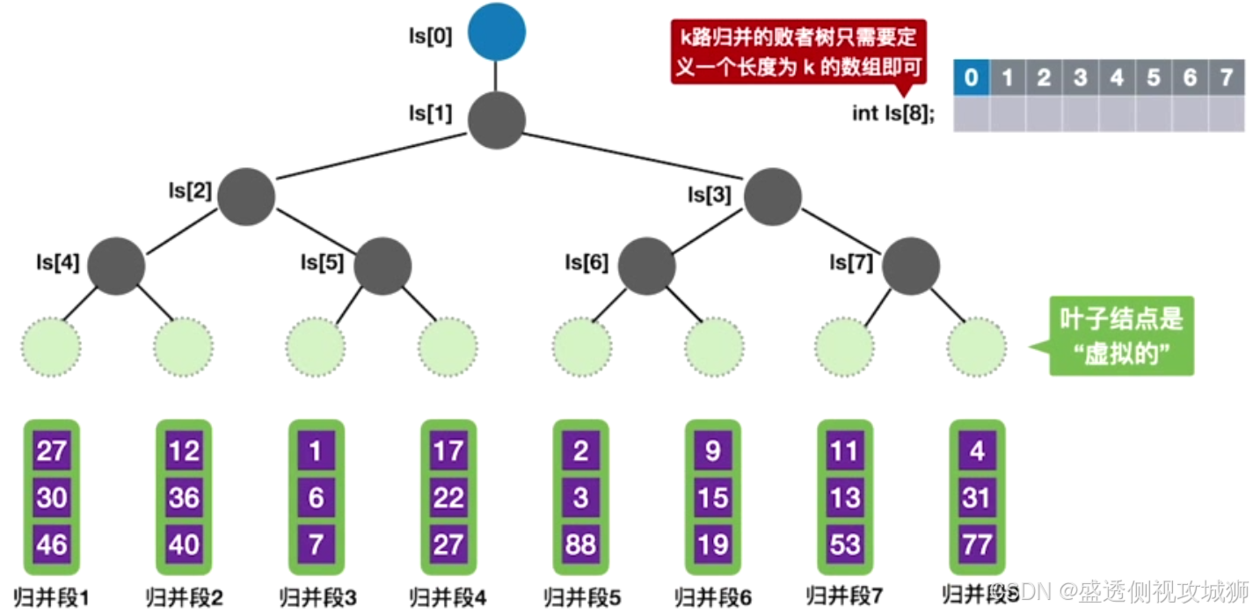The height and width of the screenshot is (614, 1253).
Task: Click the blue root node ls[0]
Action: click(x=497, y=32)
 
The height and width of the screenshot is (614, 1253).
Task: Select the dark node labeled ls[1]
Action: click(x=497, y=121)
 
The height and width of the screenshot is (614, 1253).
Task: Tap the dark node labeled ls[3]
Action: click(x=773, y=196)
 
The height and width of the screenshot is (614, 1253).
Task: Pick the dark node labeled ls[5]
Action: click(x=382, y=266)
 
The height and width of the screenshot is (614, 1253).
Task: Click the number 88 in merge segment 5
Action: click(x=580, y=545)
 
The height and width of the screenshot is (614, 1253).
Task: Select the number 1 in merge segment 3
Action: click(x=316, y=452)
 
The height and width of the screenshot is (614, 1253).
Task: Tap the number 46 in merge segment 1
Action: click(x=52, y=545)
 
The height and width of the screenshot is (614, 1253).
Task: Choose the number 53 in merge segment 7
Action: click(x=845, y=545)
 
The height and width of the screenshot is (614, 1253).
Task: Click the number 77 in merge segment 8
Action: click(x=977, y=545)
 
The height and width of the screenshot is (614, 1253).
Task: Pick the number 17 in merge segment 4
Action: click(x=448, y=452)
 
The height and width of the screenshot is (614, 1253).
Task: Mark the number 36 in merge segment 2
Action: click(x=184, y=499)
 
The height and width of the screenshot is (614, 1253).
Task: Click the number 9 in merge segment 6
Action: click(x=712, y=452)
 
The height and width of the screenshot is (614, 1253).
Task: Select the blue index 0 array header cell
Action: click(x=972, y=77)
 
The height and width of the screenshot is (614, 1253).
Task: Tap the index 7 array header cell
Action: click(x=1227, y=77)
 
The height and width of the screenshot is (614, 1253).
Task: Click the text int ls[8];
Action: click(x=891, y=113)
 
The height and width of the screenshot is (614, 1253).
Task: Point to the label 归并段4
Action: click(x=448, y=597)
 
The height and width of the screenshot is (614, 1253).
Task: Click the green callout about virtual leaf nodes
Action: click(x=1121, y=335)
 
